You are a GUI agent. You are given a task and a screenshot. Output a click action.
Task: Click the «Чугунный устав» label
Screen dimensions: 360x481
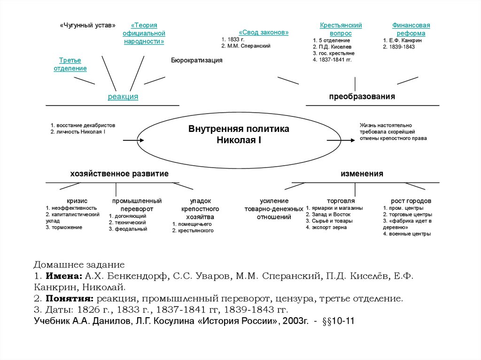pyautogui.click(x=87, y=25)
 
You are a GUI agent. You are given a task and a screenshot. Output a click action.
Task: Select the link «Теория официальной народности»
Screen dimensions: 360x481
pyautogui.click(x=144, y=33)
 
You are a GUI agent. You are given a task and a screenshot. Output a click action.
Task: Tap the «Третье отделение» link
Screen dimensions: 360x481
pyautogui.click(x=70, y=64)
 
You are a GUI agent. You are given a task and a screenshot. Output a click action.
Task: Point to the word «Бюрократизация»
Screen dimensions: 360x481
pyautogui.click(x=196, y=61)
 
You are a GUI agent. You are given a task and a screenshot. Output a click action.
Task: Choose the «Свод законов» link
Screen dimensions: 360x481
pyautogui.click(x=264, y=32)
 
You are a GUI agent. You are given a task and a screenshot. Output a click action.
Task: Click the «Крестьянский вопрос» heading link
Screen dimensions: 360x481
pyautogui.click(x=341, y=29)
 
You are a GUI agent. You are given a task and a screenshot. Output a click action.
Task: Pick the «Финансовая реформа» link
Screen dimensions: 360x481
pyautogui.click(x=411, y=29)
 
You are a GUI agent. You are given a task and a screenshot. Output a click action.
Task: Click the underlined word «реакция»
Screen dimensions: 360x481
pyautogui.click(x=123, y=97)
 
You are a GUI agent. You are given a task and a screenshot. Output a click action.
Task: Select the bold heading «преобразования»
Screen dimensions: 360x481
pyautogui.click(x=362, y=96)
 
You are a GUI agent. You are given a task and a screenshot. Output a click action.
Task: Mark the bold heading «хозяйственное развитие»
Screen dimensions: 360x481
pyautogui.click(x=119, y=174)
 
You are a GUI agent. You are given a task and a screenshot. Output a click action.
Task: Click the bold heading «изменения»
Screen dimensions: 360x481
pyautogui.click(x=362, y=174)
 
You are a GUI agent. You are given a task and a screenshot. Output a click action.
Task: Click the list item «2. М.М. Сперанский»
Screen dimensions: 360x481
pyautogui.click(x=246, y=46)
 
